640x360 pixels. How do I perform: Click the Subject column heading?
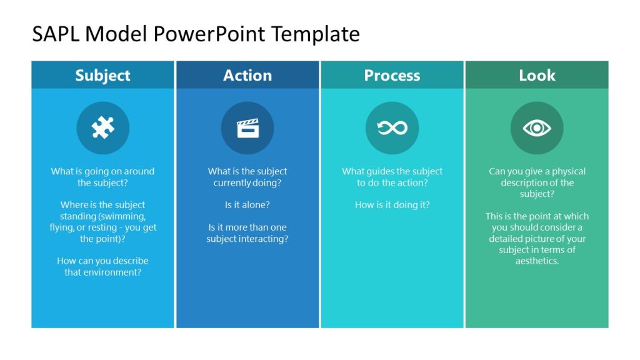click(102, 76)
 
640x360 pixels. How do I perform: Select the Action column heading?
click(247, 76)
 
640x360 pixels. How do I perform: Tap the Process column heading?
click(392, 76)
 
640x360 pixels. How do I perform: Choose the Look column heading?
click(537, 76)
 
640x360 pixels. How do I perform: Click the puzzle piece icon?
click(102, 128)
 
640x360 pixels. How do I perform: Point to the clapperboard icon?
click(247, 128)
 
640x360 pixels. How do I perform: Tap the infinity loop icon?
click(392, 128)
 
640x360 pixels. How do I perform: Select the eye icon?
click(537, 128)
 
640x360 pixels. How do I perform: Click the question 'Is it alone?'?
click(247, 205)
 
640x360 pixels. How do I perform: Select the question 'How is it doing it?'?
click(392, 205)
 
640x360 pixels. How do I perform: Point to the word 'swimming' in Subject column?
click(124, 216)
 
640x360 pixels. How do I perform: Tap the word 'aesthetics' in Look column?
click(536, 261)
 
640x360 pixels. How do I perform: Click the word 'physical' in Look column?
click(568, 171)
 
